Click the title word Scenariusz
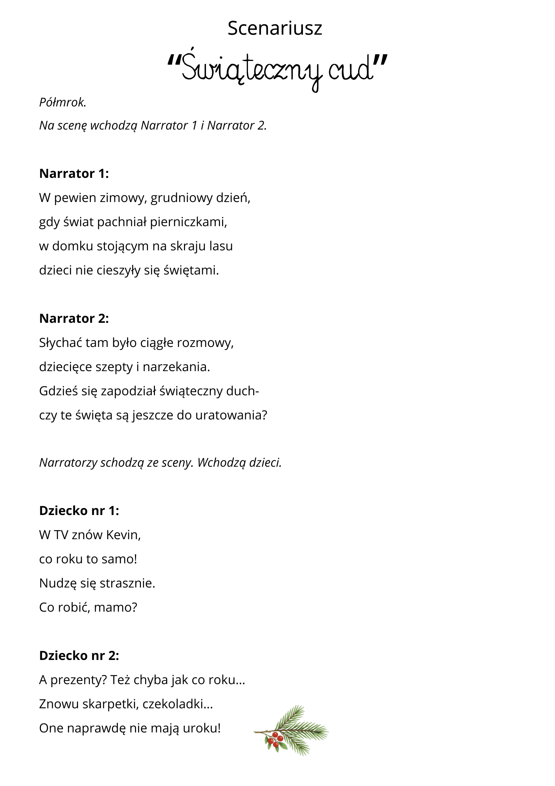[x=275, y=28]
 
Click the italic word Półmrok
[x=63, y=102]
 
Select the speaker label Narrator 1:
[x=74, y=174]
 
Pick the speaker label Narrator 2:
[x=74, y=319]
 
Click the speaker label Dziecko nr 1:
[x=79, y=511]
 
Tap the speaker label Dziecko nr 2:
[x=79, y=656]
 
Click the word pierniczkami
[x=188, y=222]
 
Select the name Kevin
[x=123, y=535]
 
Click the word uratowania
[x=231, y=415]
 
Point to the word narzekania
[x=176, y=367]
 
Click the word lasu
[x=221, y=246]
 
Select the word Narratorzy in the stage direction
[x=68, y=463]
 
